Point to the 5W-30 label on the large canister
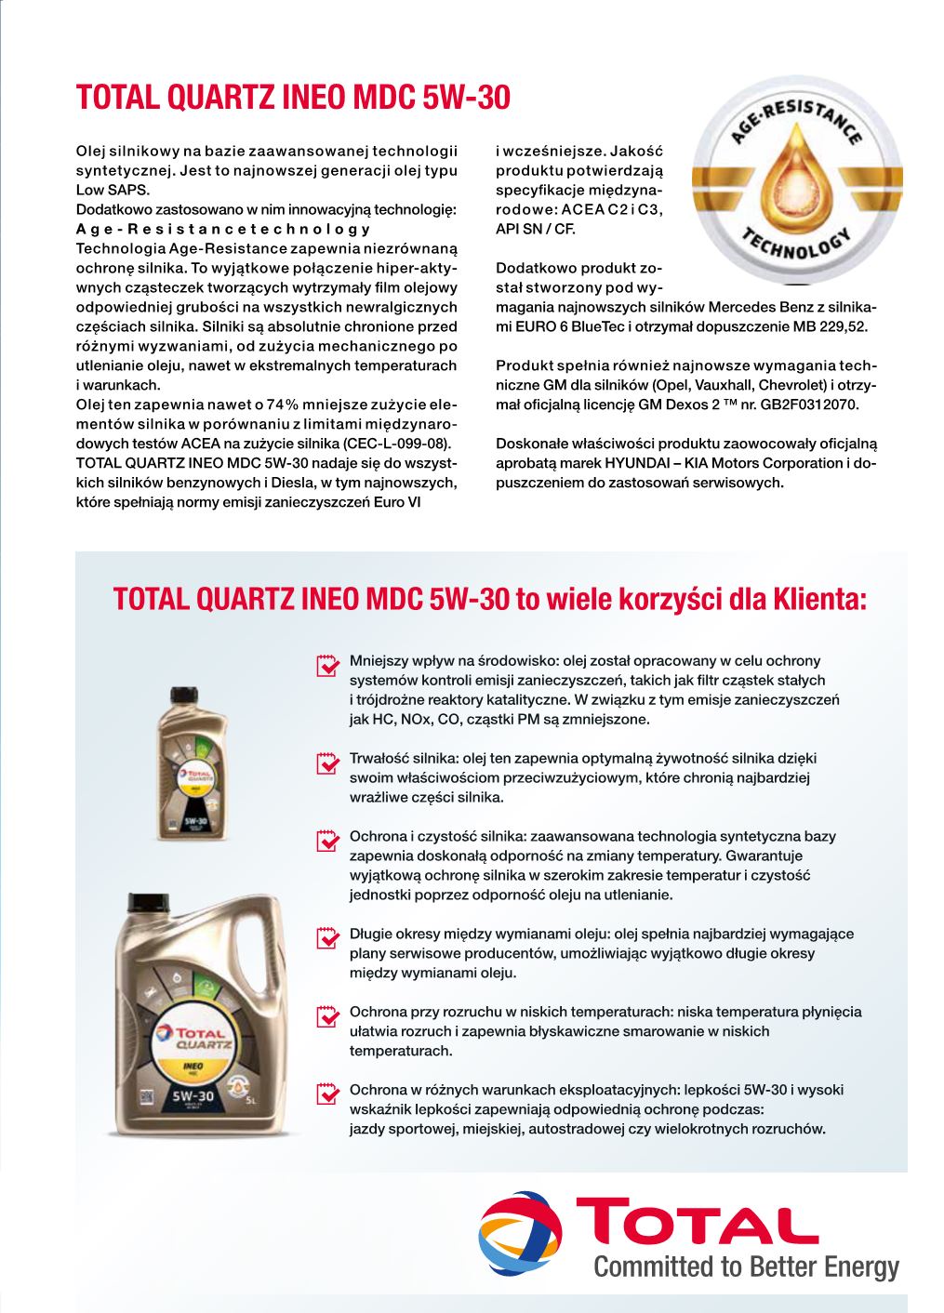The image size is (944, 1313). pyautogui.click(x=193, y=1096)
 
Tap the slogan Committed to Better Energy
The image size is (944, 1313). pyautogui.click(x=746, y=1267)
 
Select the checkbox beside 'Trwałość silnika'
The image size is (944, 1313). pyautogui.click(x=327, y=762)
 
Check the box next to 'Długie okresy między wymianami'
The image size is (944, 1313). pyautogui.click(x=327, y=936)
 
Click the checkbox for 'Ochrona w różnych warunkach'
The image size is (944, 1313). pyautogui.click(x=327, y=1093)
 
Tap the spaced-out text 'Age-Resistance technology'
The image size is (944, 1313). pyautogui.click(x=223, y=229)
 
